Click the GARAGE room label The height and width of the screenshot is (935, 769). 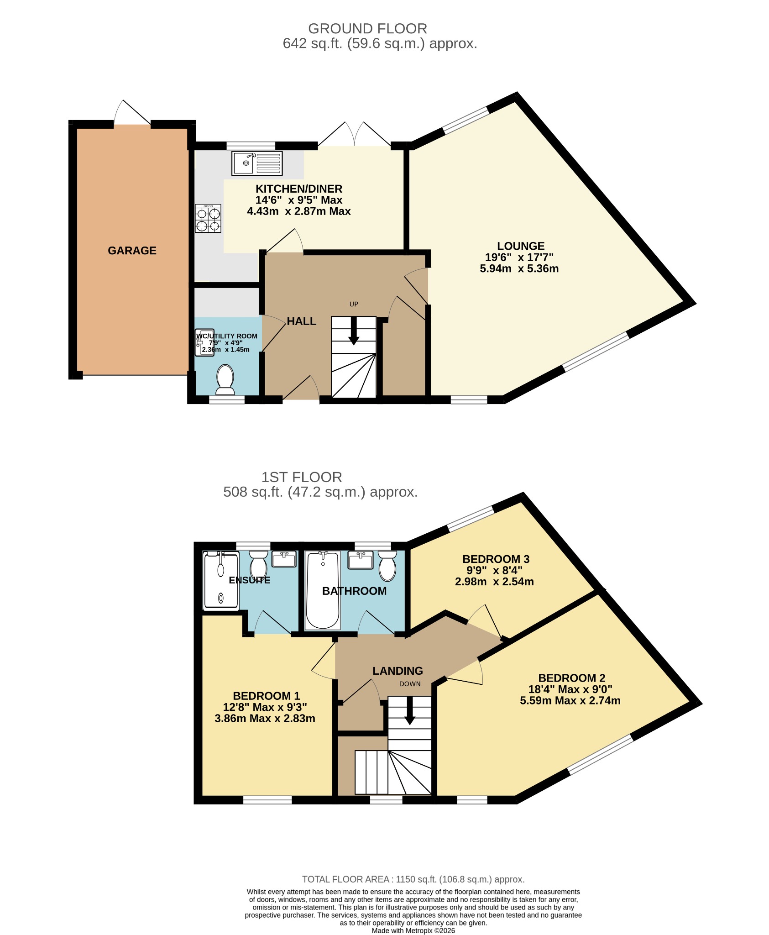point(132,251)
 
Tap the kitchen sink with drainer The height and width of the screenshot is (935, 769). point(257,163)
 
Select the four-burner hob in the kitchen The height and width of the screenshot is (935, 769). point(208,218)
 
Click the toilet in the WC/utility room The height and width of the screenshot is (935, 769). point(225,379)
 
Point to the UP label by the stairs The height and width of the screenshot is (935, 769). point(354,304)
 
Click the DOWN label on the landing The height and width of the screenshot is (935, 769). point(410,684)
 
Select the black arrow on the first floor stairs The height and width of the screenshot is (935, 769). point(410,710)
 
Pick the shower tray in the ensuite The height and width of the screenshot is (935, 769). point(221,580)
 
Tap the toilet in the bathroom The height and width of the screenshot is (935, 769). point(387,566)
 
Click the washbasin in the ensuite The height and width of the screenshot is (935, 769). point(284,559)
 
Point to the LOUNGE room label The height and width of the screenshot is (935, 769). point(521,246)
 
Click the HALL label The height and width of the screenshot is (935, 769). point(302,321)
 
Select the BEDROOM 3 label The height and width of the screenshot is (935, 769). point(496,559)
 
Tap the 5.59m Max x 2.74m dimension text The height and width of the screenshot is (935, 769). point(570,700)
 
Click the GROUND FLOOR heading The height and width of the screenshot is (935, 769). point(367,29)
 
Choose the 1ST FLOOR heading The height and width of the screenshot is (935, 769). point(302,477)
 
